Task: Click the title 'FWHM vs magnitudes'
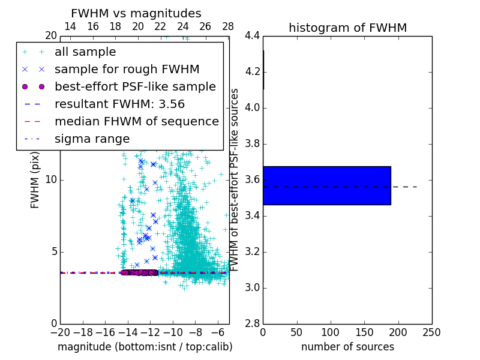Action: pyautogui.click(x=136, y=13)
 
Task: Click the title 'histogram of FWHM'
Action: pyautogui.click(x=347, y=28)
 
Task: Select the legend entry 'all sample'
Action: pyautogui.click(x=85, y=52)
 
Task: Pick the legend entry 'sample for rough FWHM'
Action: pyautogui.click(x=127, y=70)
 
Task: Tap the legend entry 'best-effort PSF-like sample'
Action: pyautogui.click(x=135, y=86)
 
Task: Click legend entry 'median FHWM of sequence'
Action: pyautogui.click(x=136, y=121)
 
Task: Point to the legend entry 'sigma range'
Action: pyautogui.click(x=92, y=139)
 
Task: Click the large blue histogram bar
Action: pyautogui.click(x=326, y=185)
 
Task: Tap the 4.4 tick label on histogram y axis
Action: pyautogui.click(x=253, y=36)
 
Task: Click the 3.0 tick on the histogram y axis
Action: pyautogui.click(x=253, y=288)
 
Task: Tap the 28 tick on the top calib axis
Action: pyautogui.click(x=228, y=26)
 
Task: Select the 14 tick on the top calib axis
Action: pyautogui.click(x=70, y=26)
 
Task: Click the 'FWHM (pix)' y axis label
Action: pyautogui.click(x=35, y=179)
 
